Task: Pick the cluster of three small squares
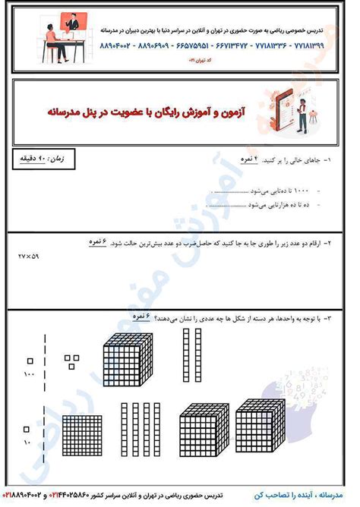tap(72, 358)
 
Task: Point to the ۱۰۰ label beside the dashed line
tap(30, 375)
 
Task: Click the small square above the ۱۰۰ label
tap(30, 359)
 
